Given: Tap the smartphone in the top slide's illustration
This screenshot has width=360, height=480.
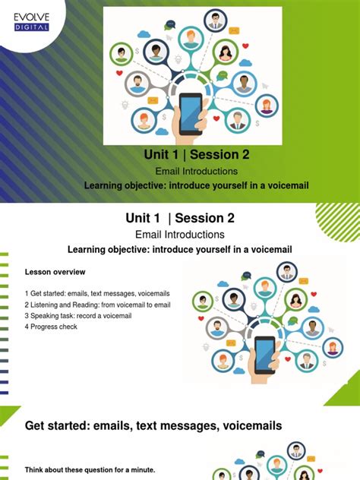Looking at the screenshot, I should point(190,112).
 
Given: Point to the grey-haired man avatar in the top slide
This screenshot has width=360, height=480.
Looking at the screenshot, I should point(238,119).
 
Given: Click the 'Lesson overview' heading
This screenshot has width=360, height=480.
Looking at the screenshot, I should point(55,272).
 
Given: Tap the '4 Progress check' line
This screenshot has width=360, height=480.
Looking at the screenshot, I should point(51,327).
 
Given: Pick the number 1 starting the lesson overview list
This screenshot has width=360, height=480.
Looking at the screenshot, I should point(26,293).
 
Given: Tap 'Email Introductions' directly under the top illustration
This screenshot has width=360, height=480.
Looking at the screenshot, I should point(197,172).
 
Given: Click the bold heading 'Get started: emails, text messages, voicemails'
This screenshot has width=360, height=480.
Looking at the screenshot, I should point(153,426).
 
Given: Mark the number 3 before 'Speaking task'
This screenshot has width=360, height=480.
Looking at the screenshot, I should point(26,315).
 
